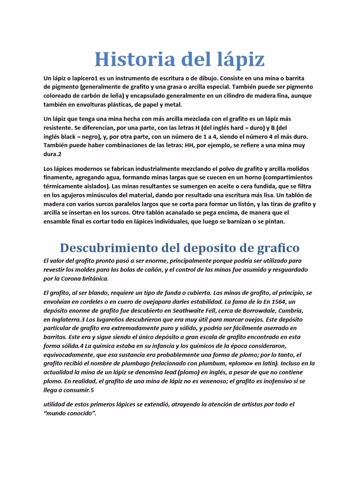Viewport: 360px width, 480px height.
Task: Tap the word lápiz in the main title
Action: tap(238, 60)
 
